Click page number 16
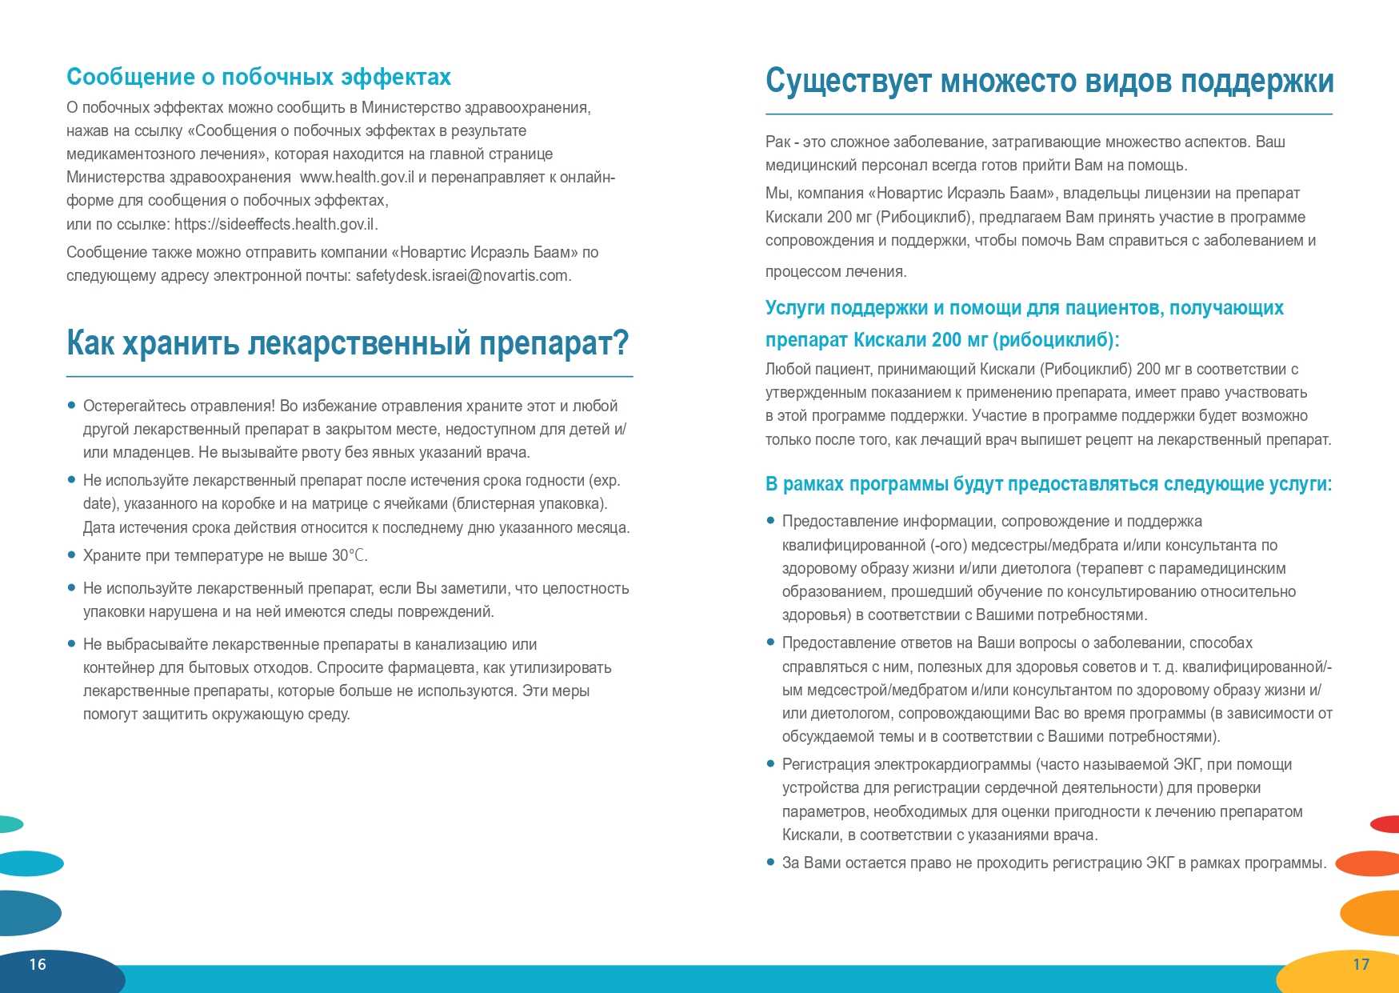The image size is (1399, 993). [x=38, y=964]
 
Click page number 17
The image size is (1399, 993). [x=1361, y=964]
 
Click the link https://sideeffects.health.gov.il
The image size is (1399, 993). [x=276, y=224]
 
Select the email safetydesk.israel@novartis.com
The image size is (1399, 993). [x=463, y=275]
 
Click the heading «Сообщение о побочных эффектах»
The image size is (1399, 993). [x=258, y=77]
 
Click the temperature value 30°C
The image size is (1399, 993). [x=350, y=555]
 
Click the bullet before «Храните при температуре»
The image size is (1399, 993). [x=72, y=555]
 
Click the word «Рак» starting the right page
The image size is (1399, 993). [x=777, y=142]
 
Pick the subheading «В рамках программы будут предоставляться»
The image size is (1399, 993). [x=1048, y=484]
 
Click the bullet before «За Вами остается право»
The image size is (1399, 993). [x=771, y=862]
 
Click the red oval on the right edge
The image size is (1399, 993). [x=1385, y=823]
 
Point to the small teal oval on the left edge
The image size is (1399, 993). [x=10, y=823]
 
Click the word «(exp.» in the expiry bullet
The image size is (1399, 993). [x=605, y=480]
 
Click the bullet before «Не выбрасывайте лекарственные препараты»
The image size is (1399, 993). [x=72, y=643]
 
